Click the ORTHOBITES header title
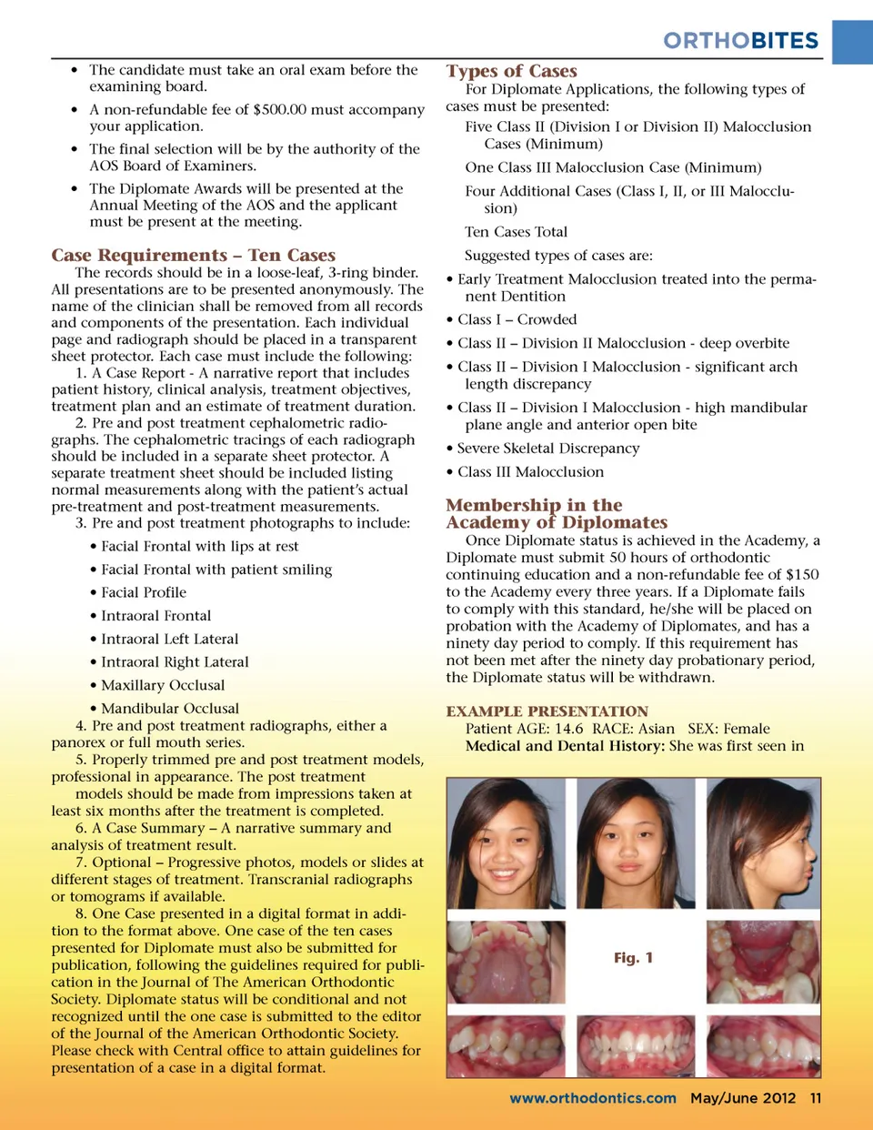pyautogui.click(x=740, y=41)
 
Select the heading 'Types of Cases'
pyautogui.click(x=511, y=71)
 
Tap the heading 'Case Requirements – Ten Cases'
pyautogui.click(x=193, y=256)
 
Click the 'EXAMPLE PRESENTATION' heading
pyautogui.click(x=547, y=711)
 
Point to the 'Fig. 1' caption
pyautogui.click(x=633, y=958)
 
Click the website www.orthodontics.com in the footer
pyautogui.click(x=592, y=1098)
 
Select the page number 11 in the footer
pyautogui.click(x=816, y=1098)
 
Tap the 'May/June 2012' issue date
pyautogui.click(x=742, y=1098)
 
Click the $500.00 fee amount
pyautogui.click(x=292, y=110)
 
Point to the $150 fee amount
pyautogui.click(x=802, y=575)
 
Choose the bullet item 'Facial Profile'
pyautogui.click(x=144, y=592)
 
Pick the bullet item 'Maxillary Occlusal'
pyautogui.click(x=163, y=685)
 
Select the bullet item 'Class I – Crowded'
pyautogui.click(x=517, y=319)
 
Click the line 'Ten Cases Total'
pyautogui.click(x=516, y=232)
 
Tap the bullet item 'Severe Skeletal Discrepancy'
pyautogui.click(x=547, y=449)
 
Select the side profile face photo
pyautogui.click(x=764, y=843)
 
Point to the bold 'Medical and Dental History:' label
pyautogui.click(x=565, y=746)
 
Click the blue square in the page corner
pyautogui.click(x=852, y=42)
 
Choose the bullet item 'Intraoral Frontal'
pyautogui.click(x=156, y=616)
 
